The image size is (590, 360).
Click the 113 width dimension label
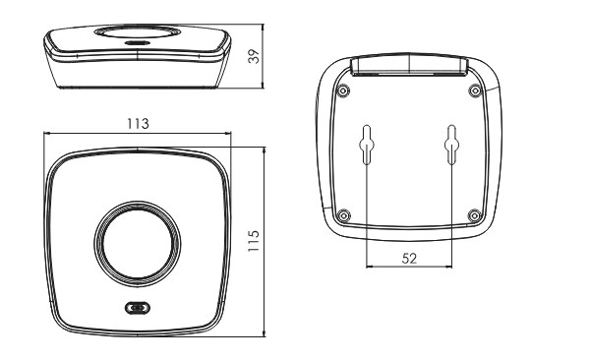(138, 124)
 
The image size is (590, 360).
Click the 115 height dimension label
(254, 241)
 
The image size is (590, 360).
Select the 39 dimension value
(254, 56)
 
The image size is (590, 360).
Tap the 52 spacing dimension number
(409, 259)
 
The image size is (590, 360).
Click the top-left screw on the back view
(343, 90)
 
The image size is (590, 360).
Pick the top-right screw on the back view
(476, 90)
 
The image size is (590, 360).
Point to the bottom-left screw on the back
(343, 216)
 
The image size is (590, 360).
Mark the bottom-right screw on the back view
(475, 216)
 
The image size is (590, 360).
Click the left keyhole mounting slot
(367, 145)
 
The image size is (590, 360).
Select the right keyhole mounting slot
(451, 145)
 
